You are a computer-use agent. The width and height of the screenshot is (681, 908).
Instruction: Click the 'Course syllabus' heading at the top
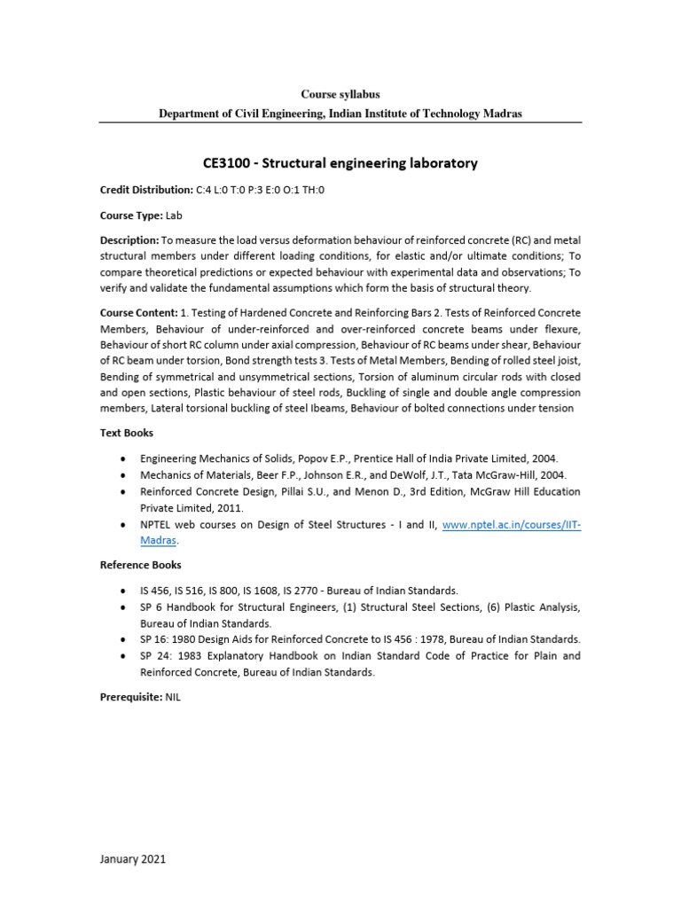tap(340, 94)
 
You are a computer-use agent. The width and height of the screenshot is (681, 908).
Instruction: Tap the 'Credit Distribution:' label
tap(145, 190)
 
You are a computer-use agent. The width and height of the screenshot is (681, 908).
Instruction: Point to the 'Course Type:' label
tap(130, 215)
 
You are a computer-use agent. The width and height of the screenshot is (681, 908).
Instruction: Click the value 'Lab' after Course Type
tap(174, 215)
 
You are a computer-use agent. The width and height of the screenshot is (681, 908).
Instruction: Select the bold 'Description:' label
tap(129, 240)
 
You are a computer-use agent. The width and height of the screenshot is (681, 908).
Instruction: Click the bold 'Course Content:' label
tap(138, 313)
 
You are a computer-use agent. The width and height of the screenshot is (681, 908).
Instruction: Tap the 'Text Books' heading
tap(126, 433)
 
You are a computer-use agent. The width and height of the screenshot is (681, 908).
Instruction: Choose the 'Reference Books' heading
tap(140, 565)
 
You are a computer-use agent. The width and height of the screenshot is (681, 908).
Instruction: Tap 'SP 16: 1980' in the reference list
tap(172, 639)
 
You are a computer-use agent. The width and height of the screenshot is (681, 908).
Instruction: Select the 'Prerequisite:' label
tap(130, 698)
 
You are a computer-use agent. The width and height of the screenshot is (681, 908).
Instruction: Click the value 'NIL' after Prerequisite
tap(173, 698)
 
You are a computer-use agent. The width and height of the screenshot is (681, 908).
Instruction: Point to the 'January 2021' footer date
tap(132, 859)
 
